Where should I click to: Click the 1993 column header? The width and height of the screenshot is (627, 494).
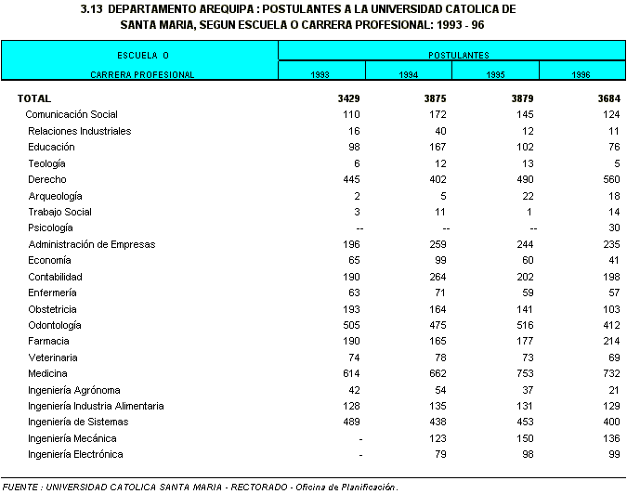[x=320, y=74]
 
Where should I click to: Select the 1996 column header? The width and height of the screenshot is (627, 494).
[x=581, y=74]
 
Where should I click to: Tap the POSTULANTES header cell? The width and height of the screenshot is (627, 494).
[x=451, y=56]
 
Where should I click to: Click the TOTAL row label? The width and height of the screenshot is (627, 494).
[x=34, y=98]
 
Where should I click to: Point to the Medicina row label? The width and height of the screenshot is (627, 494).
[x=47, y=374]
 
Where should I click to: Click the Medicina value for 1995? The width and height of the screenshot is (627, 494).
[x=522, y=374]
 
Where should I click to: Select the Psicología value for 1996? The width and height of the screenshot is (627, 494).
[x=614, y=228]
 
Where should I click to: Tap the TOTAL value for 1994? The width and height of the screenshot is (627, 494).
[x=434, y=98]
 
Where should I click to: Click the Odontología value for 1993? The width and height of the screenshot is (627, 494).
[x=350, y=325]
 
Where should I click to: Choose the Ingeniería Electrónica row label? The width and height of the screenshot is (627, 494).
[x=75, y=455]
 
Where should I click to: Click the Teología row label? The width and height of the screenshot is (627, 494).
[x=46, y=163]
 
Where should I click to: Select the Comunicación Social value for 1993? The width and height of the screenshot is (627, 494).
[x=350, y=114]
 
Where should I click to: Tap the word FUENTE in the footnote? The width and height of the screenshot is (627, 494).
[x=20, y=487]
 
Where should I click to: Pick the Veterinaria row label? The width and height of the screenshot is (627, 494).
[x=53, y=357]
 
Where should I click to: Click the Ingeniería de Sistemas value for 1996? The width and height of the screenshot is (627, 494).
[x=609, y=422]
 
